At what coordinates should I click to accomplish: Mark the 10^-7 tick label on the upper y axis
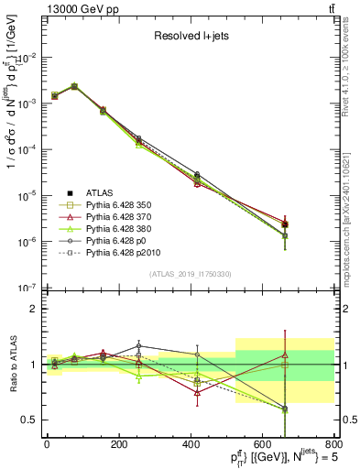pyautogui.click(x=27, y=288)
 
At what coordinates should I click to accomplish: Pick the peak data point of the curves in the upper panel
pyautogui.click(x=74, y=86)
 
